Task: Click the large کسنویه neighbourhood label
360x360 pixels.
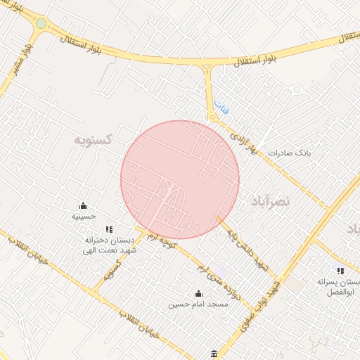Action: [94, 139]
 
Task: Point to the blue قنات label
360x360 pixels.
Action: [222, 109]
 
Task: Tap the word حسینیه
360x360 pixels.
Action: [84, 217]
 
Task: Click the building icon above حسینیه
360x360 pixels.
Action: [84, 206]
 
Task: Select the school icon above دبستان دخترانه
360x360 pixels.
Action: [108, 229]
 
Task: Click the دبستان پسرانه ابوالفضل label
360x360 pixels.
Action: [340, 286]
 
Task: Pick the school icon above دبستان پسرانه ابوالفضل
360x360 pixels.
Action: [340, 271]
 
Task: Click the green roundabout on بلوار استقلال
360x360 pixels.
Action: [41, 24]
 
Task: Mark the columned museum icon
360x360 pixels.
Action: [214, 353]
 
